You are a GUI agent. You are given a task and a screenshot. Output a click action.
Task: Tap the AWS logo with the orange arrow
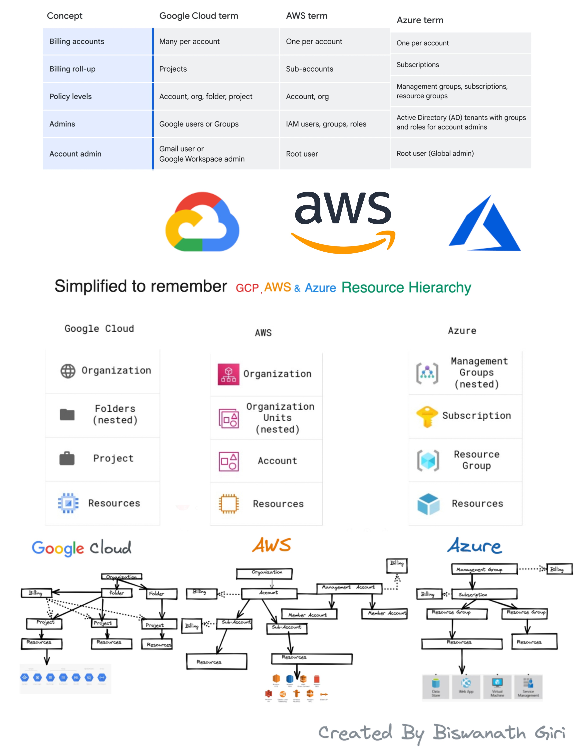point(343,221)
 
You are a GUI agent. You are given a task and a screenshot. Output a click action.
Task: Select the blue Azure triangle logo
point(485,224)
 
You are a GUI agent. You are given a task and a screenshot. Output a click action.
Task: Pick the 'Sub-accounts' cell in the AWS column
point(309,69)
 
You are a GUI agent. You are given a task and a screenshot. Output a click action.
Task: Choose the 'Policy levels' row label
point(70,96)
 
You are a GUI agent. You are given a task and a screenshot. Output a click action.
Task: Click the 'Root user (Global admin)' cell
point(435,153)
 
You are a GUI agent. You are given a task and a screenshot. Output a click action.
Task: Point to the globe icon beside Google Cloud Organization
point(68,371)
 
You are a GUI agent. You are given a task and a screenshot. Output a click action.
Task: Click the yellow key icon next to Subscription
point(427,416)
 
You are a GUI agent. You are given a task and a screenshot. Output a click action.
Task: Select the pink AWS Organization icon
point(228,374)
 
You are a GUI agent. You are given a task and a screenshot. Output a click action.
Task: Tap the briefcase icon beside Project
point(67,459)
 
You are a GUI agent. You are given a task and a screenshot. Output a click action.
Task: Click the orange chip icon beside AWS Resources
point(228,504)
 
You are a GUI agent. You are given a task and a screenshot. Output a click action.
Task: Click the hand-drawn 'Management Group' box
point(484,569)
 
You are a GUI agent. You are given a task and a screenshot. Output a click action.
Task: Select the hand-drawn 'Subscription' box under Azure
point(484,594)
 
